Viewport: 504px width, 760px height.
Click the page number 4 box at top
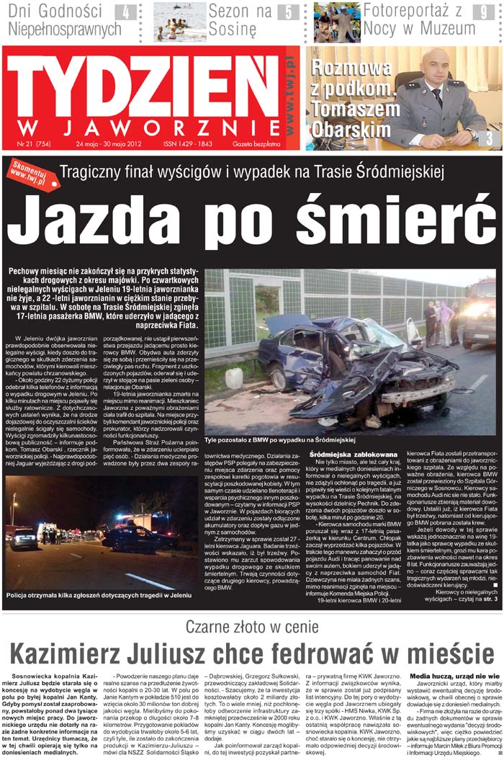(x=127, y=12)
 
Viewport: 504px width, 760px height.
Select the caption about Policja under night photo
(x=99, y=596)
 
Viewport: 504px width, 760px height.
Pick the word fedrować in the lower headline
(x=338, y=654)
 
